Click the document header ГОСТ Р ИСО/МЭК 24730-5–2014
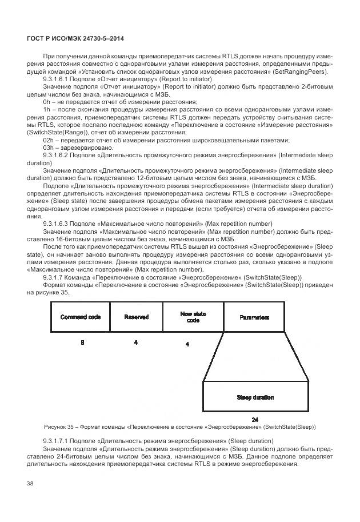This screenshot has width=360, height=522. (x=75, y=38)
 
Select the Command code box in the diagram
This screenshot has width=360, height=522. (x=80, y=317)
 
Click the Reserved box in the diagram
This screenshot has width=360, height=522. (x=136, y=317)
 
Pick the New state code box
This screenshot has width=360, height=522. (x=193, y=317)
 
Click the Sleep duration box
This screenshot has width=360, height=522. (x=255, y=397)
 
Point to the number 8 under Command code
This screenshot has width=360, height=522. (x=82, y=342)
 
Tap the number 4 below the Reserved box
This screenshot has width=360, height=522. (x=135, y=342)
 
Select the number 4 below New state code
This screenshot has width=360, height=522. (x=187, y=344)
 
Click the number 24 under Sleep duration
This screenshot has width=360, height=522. (x=255, y=419)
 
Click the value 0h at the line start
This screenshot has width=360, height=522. (x=47, y=101)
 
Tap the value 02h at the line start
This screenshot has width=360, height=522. (x=49, y=140)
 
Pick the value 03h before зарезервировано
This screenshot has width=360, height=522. (x=49, y=148)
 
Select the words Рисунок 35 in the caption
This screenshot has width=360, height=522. (x=59, y=427)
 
